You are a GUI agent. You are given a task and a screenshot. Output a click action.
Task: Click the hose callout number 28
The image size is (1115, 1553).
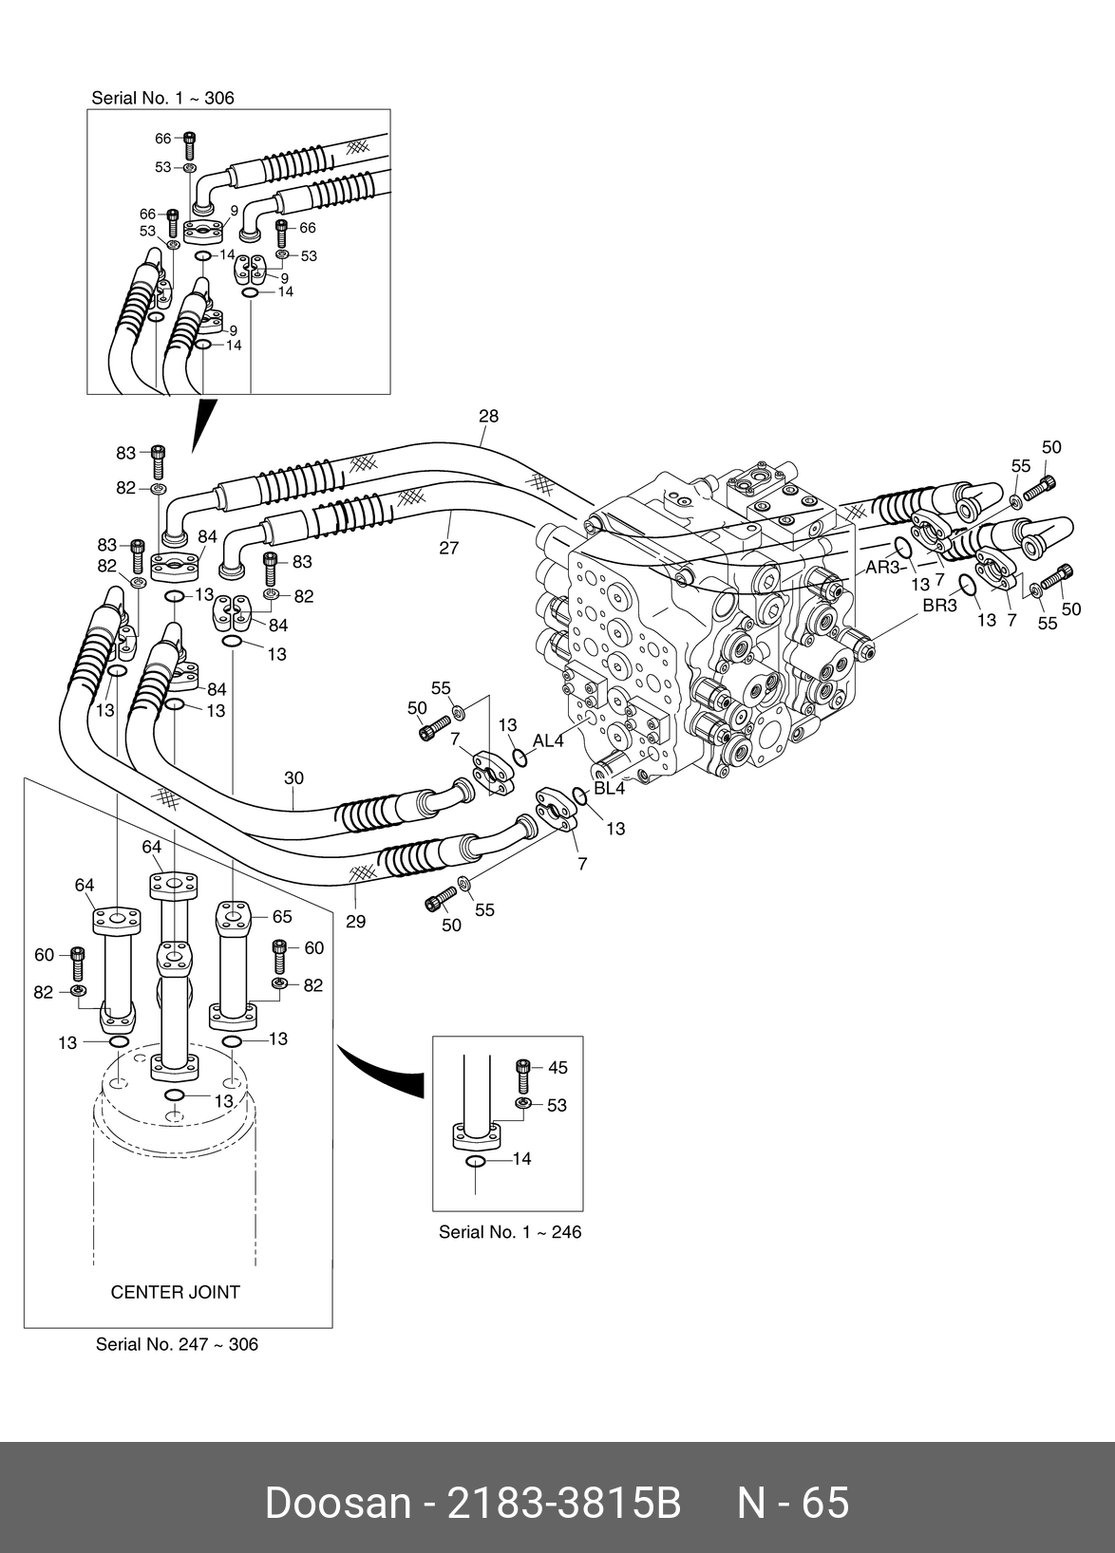pos(489,416)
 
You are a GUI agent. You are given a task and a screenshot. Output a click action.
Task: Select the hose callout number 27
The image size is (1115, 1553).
pos(449,548)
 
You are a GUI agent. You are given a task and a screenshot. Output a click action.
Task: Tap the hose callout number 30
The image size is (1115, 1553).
pos(294,778)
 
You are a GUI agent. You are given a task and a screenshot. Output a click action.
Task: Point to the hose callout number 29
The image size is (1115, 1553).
pos(355,921)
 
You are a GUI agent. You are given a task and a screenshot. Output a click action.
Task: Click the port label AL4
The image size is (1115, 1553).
pos(548,740)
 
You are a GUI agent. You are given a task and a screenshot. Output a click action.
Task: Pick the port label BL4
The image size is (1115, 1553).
pos(610,788)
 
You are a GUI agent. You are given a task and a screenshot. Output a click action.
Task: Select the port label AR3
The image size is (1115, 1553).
pos(882,568)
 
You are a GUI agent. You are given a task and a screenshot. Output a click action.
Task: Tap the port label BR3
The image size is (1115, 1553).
pos(939,606)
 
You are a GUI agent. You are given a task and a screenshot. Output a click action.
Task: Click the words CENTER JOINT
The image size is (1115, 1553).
pos(176,1292)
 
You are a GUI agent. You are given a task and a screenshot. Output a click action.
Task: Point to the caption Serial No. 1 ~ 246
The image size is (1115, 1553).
pos(509,1232)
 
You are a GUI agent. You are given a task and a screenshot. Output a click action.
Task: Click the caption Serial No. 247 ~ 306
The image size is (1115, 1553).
pos(177,1344)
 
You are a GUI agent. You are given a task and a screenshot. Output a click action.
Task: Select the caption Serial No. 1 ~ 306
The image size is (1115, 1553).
pos(162,98)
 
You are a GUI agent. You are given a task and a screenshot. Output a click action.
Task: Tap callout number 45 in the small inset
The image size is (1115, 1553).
pos(557,1068)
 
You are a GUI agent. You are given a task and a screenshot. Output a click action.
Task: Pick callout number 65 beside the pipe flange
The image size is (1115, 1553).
pos(282,917)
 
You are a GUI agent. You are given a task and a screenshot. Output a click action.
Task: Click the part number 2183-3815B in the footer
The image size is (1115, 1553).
pos(564,1503)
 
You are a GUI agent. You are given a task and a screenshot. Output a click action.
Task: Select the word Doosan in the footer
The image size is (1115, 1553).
pos(337,1503)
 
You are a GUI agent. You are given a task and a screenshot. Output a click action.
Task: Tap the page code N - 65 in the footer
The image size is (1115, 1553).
pos(794,1503)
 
